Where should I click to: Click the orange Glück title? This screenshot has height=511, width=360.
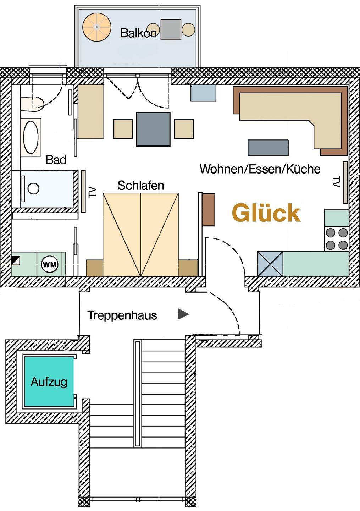(266, 213)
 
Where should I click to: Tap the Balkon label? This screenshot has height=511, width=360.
(138, 33)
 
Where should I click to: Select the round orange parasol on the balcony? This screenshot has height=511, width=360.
(96, 27)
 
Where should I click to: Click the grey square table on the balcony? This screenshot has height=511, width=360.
(171, 29)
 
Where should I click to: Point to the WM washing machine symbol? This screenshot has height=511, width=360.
(50, 264)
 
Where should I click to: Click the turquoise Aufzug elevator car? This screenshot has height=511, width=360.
(49, 381)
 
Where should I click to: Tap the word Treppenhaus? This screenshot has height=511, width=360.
(122, 315)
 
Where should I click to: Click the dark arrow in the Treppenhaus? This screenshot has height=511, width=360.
(183, 314)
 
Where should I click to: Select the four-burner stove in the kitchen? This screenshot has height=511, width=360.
(337, 239)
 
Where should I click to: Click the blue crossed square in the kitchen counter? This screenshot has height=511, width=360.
(270, 264)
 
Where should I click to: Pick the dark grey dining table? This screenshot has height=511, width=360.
(153, 129)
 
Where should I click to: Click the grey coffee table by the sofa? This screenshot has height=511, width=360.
(268, 148)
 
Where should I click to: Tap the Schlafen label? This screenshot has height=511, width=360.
(140, 185)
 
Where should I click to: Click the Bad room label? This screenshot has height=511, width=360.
(56, 160)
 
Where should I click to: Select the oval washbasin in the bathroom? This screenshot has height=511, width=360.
(31, 137)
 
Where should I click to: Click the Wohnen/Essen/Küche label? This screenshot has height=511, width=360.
(260, 169)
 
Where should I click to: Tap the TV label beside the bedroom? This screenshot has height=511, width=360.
(92, 192)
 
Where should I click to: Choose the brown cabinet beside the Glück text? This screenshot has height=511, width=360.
(208, 209)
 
